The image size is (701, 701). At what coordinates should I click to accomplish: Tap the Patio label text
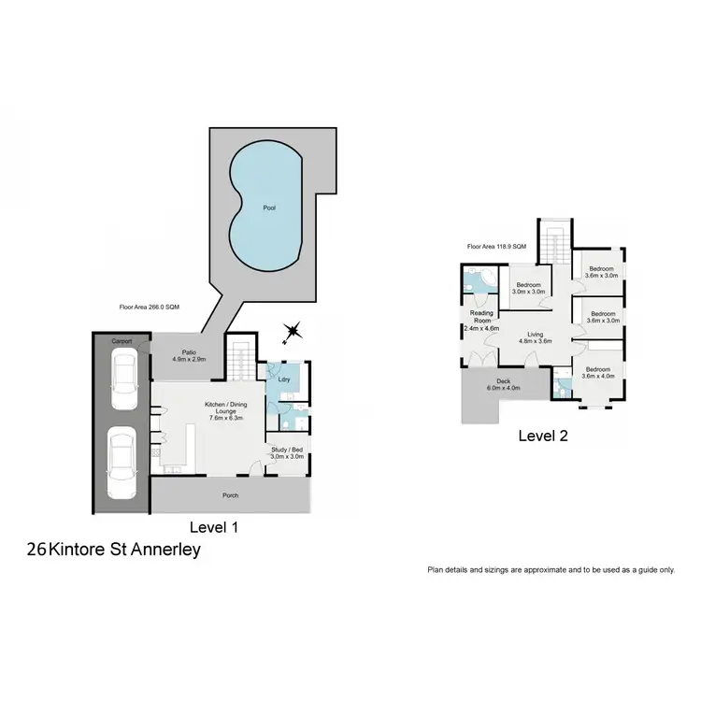click(188, 355)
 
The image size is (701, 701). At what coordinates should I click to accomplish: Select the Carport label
click(122, 342)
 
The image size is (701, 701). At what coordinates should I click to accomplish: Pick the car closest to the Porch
click(122, 463)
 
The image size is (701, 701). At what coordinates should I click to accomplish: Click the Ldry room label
click(282, 379)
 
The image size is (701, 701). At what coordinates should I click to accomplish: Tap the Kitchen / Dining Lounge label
click(224, 410)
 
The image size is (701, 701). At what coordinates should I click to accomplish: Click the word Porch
click(230, 496)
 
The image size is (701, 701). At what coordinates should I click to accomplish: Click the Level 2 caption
click(543, 436)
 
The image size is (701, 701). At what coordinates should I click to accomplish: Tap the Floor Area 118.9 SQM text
click(496, 247)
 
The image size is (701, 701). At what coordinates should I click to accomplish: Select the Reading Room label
click(482, 321)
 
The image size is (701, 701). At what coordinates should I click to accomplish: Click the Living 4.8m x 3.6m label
click(535, 337)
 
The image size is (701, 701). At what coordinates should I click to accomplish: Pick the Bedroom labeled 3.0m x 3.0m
click(529, 288)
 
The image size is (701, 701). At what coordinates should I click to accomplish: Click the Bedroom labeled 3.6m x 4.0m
click(598, 374)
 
